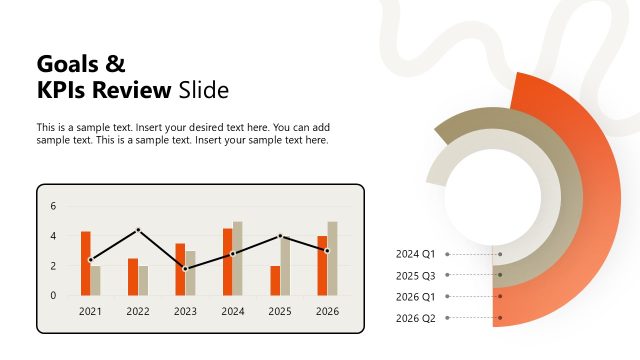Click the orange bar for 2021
click(x=86, y=263)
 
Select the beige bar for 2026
click(x=332, y=258)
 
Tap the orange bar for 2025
click(x=275, y=280)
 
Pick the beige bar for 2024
click(x=238, y=258)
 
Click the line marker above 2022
click(x=138, y=230)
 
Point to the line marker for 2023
click(x=185, y=268)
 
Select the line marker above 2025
click(x=280, y=236)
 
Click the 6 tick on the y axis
click(x=54, y=206)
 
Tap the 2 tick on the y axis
click(x=54, y=266)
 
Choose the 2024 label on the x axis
click(x=232, y=311)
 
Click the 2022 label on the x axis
click(x=138, y=311)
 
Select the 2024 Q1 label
click(x=415, y=254)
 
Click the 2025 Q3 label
click(x=415, y=275)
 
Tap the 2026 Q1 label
click(x=415, y=297)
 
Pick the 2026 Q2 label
click(x=415, y=318)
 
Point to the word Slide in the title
click(x=204, y=91)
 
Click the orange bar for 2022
click(x=133, y=276)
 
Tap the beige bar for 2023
click(x=190, y=272)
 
